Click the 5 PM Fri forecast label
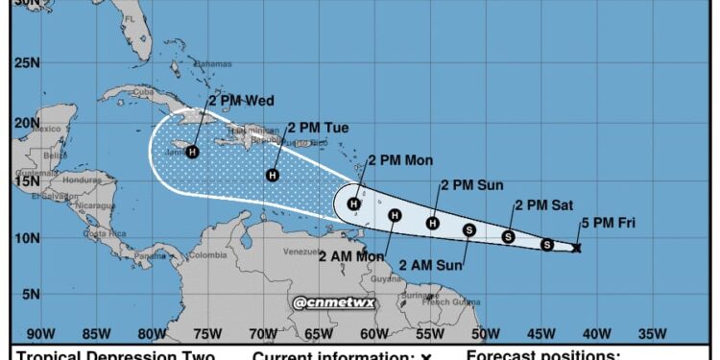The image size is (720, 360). [607, 224]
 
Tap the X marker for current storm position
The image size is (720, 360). [576, 248]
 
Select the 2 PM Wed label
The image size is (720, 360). [241, 100]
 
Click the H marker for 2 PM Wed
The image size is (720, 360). [193, 152]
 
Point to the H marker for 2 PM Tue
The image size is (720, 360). [273, 175]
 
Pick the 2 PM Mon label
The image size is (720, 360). [400, 160]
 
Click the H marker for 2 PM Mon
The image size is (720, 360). [354, 204]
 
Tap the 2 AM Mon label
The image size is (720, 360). [351, 255]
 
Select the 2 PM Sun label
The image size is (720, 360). [472, 184]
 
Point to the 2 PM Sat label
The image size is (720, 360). [544, 204]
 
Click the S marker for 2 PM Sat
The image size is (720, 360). [509, 236]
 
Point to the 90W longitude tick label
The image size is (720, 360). [40, 334]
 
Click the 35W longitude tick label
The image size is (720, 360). [652, 334]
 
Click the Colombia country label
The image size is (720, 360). [207, 255]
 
